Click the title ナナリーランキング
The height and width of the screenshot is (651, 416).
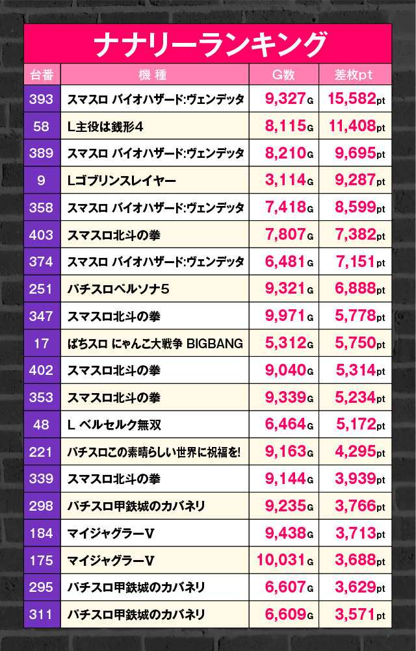208,44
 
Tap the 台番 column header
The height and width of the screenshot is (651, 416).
42,75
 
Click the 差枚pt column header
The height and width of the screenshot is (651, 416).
354,75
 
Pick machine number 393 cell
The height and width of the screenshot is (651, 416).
42,99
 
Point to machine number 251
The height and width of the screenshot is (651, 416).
42,289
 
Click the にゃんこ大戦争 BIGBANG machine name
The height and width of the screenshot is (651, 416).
155,343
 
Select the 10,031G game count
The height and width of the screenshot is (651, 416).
285,560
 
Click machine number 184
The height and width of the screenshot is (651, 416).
42,533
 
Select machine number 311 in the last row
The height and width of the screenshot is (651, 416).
42,615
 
